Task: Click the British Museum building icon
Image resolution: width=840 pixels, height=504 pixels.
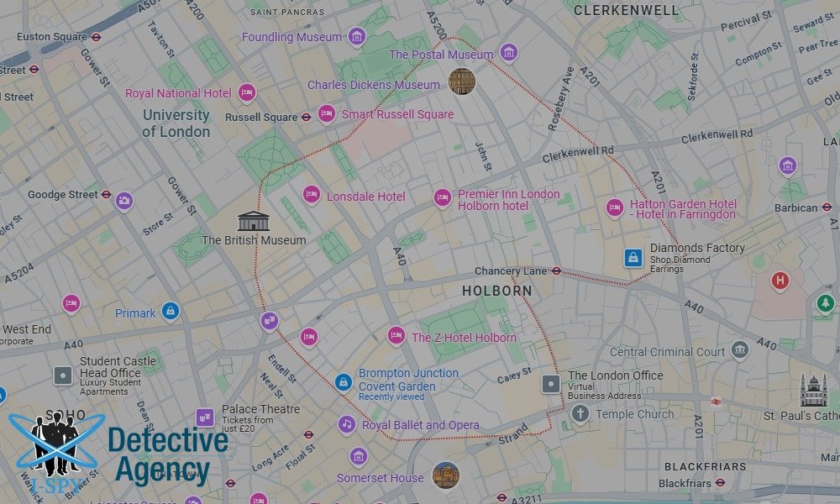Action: (253, 221)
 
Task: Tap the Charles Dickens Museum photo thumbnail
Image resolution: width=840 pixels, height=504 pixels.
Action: (461, 81)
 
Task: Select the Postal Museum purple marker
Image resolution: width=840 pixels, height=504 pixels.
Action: (508, 54)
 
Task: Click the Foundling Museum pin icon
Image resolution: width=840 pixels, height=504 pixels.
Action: (357, 37)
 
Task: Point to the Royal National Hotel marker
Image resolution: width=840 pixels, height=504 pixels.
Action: (247, 92)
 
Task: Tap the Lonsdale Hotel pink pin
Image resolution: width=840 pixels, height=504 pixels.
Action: (312, 195)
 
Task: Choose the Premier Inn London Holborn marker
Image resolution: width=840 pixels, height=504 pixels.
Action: (443, 198)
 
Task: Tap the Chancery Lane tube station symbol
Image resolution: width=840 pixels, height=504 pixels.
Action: (556, 270)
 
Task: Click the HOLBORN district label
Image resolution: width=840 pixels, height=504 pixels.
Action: (496, 291)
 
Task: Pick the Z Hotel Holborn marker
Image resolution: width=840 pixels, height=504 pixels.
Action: (396, 336)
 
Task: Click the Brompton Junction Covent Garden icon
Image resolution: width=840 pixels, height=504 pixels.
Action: (343, 382)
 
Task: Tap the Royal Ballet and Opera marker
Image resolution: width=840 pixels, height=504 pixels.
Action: (347, 424)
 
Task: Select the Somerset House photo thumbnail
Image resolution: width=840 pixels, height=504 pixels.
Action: (446, 475)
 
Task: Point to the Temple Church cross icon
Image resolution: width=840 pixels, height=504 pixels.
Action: (580, 413)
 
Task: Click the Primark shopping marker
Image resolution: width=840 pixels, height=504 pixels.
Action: (171, 312)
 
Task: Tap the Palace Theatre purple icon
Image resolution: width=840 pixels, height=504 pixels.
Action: (205, 417)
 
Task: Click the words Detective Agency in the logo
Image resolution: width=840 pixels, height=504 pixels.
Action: (166, 455)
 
